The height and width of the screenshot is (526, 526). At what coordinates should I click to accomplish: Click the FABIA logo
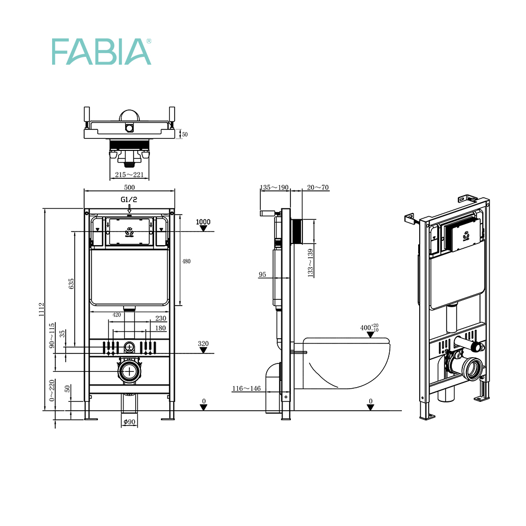pos(101,52)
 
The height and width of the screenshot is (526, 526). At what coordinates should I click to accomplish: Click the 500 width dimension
pos(129,187)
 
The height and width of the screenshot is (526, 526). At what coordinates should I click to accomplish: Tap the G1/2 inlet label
pos(129,199)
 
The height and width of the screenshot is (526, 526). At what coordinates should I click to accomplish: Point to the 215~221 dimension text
pos(129,175)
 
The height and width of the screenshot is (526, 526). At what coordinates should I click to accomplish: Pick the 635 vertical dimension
pos(71,284)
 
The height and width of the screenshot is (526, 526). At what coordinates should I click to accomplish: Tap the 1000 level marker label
pos(203,222)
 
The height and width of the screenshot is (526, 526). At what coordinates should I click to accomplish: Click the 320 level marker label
pos(203,344)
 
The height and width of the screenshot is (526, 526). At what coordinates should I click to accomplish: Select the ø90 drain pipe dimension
pos(129,421)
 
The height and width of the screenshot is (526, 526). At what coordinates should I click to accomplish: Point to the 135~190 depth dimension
pos(275,187)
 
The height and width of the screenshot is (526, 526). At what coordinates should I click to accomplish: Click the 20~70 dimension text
pos(318,187)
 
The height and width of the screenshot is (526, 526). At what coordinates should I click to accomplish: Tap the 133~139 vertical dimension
pos(310,261)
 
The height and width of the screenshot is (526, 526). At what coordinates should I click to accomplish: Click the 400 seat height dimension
pos(369,328)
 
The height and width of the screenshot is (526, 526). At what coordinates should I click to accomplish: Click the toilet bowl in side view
pos(347,363)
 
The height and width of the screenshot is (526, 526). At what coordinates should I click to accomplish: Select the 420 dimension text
pos(117,315)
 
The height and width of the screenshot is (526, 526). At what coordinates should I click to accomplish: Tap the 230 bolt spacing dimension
pos(160,318)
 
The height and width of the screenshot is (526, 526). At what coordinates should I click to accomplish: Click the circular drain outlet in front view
pos(129,370)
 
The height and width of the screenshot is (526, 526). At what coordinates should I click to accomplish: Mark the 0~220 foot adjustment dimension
pos(52,391)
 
